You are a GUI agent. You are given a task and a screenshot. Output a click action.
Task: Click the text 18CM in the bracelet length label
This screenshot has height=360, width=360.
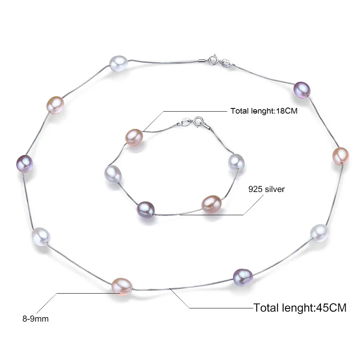(286, 111)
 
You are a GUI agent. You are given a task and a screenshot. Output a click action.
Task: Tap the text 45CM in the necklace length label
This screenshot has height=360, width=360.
(331, 308)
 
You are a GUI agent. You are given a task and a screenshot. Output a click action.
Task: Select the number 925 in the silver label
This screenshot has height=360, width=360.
(255, 189)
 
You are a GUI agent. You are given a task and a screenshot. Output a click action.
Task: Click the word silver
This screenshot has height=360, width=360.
(274, 189)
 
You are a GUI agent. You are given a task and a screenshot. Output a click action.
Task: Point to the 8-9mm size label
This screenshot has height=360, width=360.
(36, 319)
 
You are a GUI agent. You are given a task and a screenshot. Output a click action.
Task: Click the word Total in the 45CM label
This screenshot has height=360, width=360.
(266, 308)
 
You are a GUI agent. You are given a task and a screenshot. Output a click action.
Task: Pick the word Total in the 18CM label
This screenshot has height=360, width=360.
(240, 111)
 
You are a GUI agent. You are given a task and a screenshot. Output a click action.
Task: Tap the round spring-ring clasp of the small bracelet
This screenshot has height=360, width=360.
(198, 121)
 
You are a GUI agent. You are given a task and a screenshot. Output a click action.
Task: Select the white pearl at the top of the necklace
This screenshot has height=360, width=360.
(118, 64)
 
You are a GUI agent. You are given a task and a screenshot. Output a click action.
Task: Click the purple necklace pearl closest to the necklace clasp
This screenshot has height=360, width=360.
(302, 90)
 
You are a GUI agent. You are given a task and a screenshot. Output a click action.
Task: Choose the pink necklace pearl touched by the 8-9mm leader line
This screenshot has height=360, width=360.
(122, 286)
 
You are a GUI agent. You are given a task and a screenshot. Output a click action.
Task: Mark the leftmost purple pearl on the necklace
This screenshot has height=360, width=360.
(24, 164)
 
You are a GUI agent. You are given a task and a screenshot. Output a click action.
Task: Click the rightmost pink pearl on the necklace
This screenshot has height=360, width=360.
(341, 156)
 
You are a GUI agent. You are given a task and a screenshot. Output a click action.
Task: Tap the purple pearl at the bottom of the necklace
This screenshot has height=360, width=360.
(243, 278)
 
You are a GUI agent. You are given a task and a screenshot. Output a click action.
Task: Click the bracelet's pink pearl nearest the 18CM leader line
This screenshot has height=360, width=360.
(134, 138)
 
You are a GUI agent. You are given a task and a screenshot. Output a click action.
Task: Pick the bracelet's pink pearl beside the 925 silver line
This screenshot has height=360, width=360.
(212, 204)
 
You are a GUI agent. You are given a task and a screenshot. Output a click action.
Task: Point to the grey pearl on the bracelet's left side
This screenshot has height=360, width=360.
(113, 174)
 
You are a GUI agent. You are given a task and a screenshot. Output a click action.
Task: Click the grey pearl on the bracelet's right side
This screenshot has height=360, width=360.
(236, 162)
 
